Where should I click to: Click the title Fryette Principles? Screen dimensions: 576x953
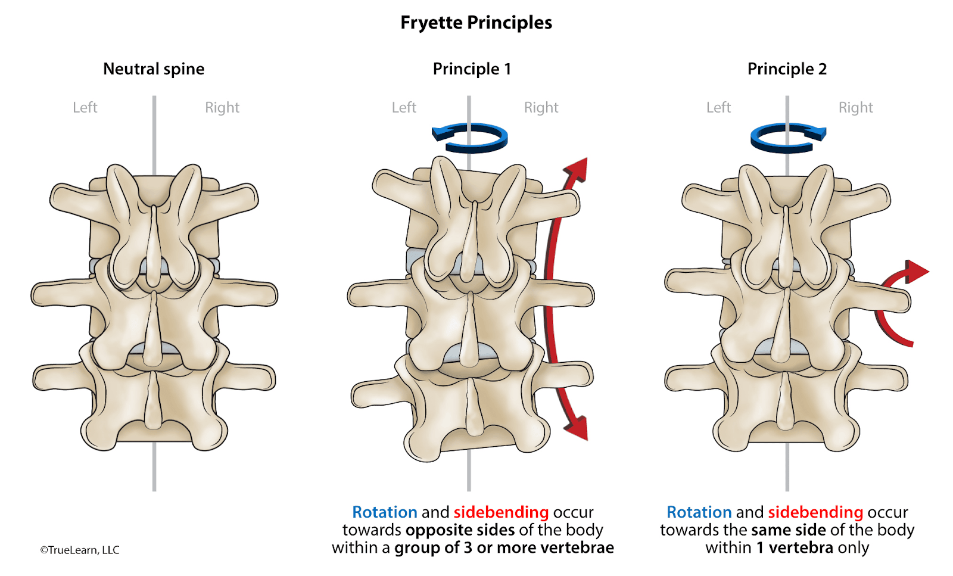(476, 23)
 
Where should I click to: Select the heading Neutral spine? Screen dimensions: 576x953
(154, 69)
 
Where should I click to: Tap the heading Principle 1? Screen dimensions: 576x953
(472, 69)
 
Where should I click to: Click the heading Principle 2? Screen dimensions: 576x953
(787, 69)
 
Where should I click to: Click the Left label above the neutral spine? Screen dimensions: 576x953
(85, 108)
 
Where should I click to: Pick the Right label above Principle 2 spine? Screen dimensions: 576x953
(855, 108)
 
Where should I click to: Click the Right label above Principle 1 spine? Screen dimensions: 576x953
(541, 108)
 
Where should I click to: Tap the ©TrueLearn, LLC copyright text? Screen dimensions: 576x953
(80, 550)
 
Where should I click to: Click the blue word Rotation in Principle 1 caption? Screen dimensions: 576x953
(384, 512)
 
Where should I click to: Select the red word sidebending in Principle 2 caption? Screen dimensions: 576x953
(815, 512)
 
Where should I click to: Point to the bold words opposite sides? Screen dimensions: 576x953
(460, 530)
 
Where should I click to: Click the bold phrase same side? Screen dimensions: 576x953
(789, 530)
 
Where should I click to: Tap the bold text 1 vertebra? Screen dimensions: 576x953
(795, 548)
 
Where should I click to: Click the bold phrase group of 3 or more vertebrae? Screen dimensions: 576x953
(504, 548)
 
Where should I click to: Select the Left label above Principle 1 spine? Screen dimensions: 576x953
(404, 108)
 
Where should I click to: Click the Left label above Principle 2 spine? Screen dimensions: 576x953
(718, 108)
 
